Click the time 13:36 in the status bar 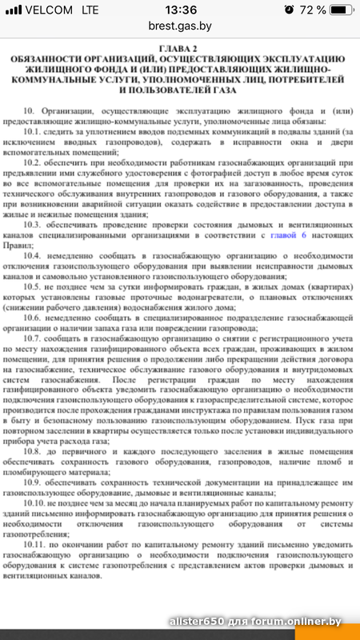pyautogui.click(x=179, y=10)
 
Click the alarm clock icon pyautogui.click(x=289, y=10)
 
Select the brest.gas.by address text pyautogui.click(x=180, y=26)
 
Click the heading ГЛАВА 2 pyautogui.click(x=180, y=49)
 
